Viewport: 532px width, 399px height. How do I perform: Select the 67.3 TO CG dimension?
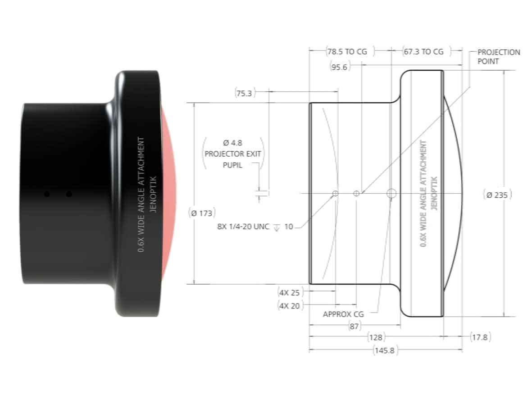point(423,52)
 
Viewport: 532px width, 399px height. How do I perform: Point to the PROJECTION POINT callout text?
point(498,56)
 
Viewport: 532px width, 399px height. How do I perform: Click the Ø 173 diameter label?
point(201,213)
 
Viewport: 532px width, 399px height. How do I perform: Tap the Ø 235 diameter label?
point(497,195)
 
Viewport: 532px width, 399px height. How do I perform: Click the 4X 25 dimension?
point(289,293)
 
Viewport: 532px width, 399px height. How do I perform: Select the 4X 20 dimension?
point(289,306)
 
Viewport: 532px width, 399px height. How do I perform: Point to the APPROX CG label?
point(343,314)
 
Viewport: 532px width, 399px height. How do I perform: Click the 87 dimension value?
point(355,326)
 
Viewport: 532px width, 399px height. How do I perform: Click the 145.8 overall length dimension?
point(385,351)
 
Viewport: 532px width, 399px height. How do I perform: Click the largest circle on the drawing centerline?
point(391,194)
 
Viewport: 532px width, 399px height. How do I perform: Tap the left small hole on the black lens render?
point(46,194)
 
